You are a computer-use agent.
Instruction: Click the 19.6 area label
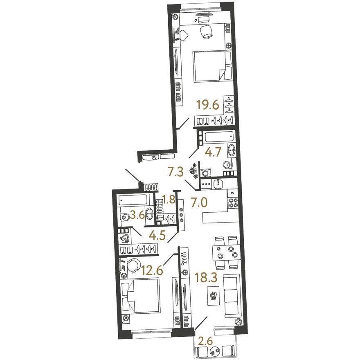click(x=208, y=106)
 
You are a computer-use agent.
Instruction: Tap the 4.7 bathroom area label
click(x=214, y=152)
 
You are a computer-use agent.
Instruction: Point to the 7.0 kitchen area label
click(x=199, y=203)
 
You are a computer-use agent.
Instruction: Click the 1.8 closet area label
click(x=169, y=199)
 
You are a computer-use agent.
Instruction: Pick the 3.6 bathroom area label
click(x=137, y=215)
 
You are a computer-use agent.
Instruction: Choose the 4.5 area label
click(x=157, y=236)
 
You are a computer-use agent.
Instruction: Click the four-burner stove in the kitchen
click(x=233, y=203)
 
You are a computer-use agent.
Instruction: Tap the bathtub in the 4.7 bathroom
click(x=219, y=137)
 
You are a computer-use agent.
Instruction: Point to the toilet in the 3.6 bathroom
click(x=125, y=217)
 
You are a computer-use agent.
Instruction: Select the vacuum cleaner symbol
click(x=124, y=239)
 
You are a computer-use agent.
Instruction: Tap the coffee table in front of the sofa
click(x=213, y=296)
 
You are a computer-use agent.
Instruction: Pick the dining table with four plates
click(x=225, y=252)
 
